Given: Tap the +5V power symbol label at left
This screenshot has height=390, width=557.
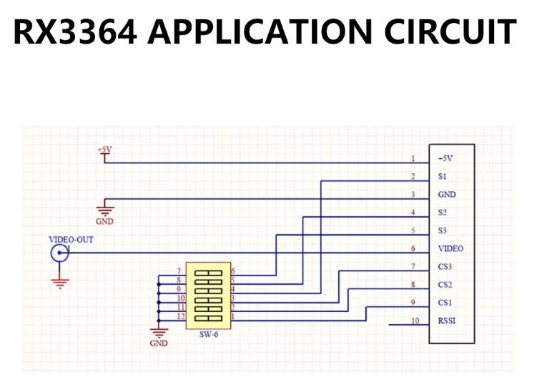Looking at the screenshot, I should [x=104, y=149].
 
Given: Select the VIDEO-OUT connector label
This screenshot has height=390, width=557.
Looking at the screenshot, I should [x=70, y=239].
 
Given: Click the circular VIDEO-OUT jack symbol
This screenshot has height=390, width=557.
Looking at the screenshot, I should [x=59, y=253].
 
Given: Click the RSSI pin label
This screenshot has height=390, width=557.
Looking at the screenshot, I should [x=446, y=321].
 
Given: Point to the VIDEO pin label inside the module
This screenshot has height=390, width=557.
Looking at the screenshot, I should [x=450, y=248].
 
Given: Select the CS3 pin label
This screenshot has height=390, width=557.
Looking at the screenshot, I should [x=445, y=266].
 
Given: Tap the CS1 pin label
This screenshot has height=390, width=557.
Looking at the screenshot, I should [x=445, y=302].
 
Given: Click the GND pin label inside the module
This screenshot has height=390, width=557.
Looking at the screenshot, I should [x=446, y=194].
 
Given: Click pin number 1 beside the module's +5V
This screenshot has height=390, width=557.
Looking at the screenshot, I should [x=413, y=158].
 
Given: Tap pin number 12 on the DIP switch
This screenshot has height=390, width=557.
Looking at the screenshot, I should [x=181, y=316].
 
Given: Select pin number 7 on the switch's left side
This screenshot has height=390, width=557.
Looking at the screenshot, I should [x=179, y=270].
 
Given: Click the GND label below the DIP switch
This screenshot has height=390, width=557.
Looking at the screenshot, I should [x=159, y=343].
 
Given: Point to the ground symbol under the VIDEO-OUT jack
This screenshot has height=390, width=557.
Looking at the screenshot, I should [x=60, y=283].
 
